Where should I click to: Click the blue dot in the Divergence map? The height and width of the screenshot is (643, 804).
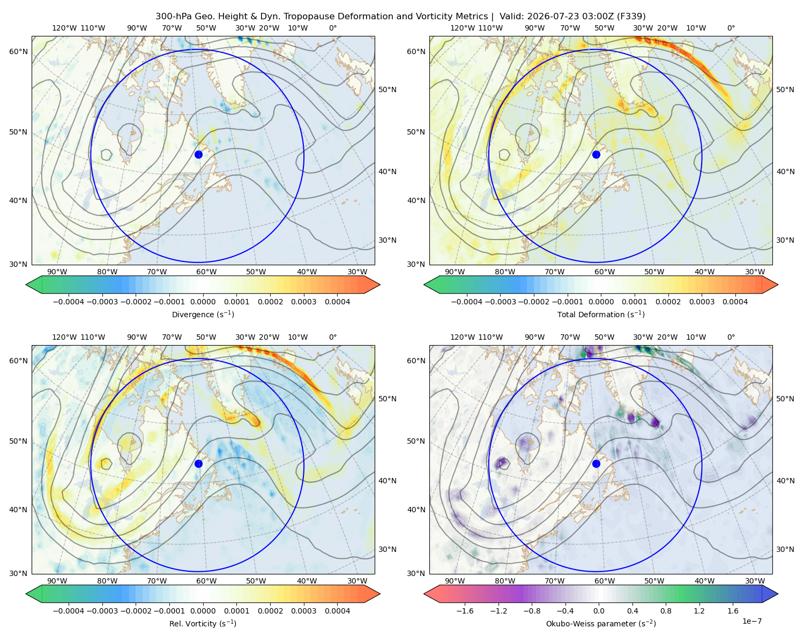click(x=198, y=154)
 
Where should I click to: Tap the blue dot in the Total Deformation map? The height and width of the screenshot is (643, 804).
click(x=596, y=154)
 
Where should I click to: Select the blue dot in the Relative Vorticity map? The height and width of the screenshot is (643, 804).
click(x=198, y=463)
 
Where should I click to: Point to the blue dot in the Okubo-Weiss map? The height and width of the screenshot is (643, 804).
click(x=596, y=463)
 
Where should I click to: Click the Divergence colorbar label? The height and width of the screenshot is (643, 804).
click(x=203, y=314)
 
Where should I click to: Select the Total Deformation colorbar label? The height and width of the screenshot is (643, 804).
click(x=601, y=314)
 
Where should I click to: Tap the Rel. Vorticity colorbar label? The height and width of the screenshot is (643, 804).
click(x=203, y=623)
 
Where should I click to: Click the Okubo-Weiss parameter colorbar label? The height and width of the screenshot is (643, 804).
click(x=601, y=623)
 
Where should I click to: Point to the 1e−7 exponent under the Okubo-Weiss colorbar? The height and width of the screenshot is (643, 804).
click(x=751, y=621)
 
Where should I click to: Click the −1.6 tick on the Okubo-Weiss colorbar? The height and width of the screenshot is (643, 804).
click(x=465, y=611)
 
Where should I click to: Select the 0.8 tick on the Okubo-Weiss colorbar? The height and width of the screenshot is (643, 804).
click(x=666, y=611)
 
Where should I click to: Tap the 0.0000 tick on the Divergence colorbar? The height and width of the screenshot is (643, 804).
click(x=203, y=302)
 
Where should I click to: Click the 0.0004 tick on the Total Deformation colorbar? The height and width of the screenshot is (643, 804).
click(x=735, y=302)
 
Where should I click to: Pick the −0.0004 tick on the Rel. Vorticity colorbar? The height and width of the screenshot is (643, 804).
click(x=69, y=611)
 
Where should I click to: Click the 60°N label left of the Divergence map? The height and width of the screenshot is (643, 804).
click(x=18, y=51)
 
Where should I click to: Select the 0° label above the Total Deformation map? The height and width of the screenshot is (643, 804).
click(x=731, y=28)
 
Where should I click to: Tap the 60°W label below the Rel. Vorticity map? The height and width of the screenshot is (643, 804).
click(x=206, y=581)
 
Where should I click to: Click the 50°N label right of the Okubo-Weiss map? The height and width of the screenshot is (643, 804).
click(x=785, y=399)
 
